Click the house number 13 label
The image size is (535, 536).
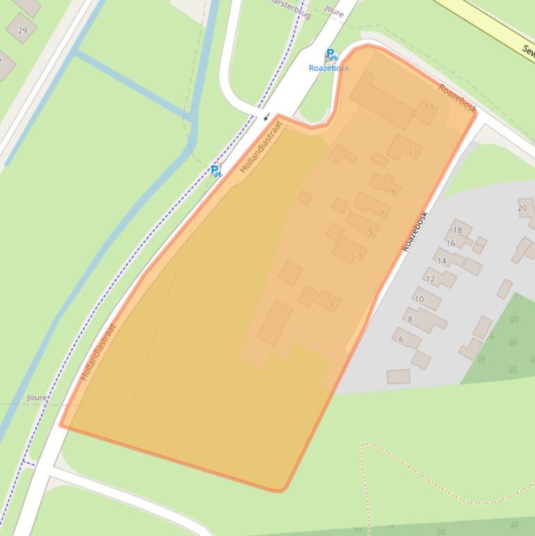429,107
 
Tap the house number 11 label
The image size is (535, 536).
413,154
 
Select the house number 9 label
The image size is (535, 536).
393,192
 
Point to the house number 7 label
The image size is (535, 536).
382,214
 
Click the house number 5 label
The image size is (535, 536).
370,232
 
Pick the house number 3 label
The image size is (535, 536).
359,256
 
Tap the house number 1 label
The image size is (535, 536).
333,305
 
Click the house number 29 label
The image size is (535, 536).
23,31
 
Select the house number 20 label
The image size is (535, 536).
522,208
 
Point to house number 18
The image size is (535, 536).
457,230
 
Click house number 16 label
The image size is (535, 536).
451,244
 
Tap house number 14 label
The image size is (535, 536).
442,261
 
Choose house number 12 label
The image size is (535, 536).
430,279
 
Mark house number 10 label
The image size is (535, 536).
419,299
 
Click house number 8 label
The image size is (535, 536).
410,320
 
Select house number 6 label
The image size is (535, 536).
401,340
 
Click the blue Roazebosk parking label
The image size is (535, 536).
328,68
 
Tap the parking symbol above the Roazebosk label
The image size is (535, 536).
331,55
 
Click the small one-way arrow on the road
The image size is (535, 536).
266,116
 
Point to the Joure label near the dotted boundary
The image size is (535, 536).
37,397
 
